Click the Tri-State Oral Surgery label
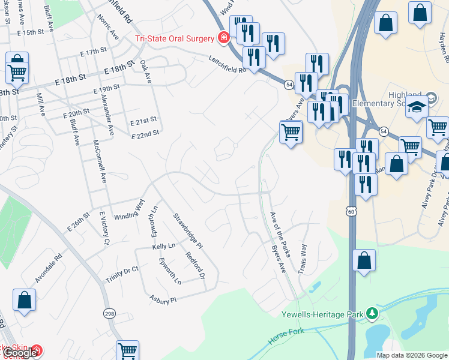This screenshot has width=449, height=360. pos(174,38)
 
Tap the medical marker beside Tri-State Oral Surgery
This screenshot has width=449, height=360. pos(224,38)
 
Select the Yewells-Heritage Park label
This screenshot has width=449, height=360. pos(323,314)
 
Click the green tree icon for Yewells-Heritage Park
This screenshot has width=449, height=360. pos(372,313)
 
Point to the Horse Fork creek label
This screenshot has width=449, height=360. pos(286,336)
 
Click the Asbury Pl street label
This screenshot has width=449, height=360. pos(163,298)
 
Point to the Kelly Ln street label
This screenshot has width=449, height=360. pos(163,247)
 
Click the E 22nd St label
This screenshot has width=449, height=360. pos(145,134)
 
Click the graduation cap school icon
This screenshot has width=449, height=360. pos(415,107)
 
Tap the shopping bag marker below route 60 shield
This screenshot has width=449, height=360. pos(364,261)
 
